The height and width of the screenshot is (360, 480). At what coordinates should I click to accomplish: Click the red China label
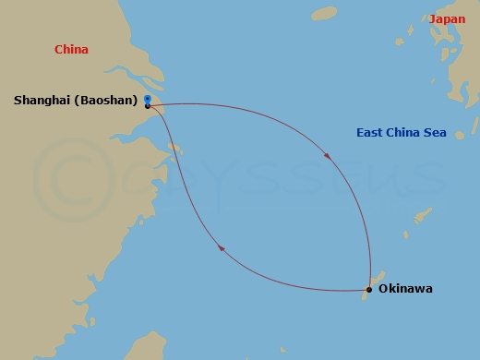click(71, 50)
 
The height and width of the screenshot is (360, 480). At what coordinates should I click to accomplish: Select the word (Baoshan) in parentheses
click(105, 100)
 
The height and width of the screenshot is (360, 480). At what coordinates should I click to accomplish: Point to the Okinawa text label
click(405, 289)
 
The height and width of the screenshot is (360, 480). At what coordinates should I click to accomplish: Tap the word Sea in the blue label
click(436, 133)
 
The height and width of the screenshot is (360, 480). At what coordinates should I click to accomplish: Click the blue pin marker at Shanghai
click(148, 100)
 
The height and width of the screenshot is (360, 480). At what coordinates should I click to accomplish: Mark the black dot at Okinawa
click(368, 290)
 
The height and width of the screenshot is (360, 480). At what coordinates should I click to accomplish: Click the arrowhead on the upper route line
click(326, 156)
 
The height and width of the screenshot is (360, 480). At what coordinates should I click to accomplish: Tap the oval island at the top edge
click(324, 13)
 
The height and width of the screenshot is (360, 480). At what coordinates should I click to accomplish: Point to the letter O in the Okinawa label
click(384, 289)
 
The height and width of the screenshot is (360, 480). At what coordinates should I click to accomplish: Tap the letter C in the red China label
click(59, 50)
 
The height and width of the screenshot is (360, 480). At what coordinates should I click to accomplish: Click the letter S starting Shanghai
click(18, 100)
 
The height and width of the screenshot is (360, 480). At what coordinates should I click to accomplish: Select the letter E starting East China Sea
click(360, 133)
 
